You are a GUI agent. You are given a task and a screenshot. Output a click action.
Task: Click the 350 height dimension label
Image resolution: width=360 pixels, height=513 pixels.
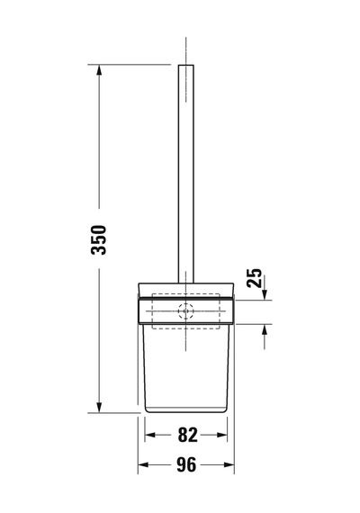click(x=99, y=239)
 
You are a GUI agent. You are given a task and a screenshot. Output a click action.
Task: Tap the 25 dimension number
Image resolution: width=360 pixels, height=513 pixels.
click(x=255, y=278)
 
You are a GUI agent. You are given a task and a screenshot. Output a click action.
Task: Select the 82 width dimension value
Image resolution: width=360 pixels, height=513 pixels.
click(x=188, y=435)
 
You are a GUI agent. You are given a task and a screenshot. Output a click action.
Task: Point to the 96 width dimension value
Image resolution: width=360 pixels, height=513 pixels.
click(x=186, y=464)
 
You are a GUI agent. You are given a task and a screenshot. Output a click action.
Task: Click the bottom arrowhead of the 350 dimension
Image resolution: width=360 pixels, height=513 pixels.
click(x=99, y=407)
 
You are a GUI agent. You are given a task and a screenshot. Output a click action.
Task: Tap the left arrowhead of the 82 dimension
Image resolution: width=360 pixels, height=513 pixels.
click(x=150, y=435)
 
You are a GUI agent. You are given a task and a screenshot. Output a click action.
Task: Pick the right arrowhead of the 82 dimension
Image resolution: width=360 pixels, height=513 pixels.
click(x=221, y=435)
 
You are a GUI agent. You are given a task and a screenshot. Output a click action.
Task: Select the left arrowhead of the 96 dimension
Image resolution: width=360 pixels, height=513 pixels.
click(x=143, y=464)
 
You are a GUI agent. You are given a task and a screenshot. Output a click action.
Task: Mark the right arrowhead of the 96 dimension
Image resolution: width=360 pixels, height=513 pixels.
click(x=229, y=464)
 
